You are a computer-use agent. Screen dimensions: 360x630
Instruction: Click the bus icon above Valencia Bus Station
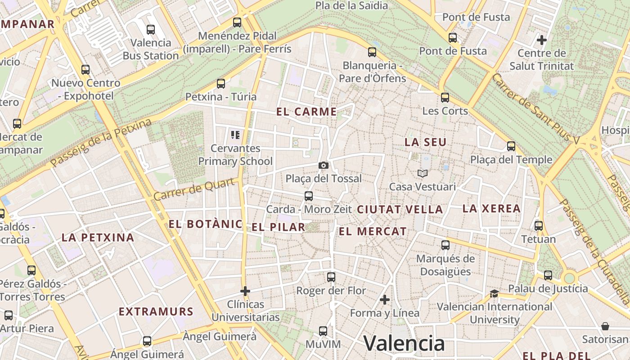click(x=151, y=30)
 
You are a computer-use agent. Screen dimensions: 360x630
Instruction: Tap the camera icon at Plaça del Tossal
click(x=323, y=166)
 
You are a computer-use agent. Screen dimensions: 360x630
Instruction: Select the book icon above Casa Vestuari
click(x=422, y=173)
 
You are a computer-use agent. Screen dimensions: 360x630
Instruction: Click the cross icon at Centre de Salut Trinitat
click(x=542, y=40)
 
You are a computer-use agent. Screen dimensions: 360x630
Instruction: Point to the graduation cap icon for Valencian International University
click(x=494, y=294)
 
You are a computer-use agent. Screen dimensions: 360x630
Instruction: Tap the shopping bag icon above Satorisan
click(x=605, y=326)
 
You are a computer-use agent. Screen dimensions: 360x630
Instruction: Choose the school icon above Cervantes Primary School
click(x=235, y=135)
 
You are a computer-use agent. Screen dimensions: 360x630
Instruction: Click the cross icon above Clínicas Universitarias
click(x=245, y=291)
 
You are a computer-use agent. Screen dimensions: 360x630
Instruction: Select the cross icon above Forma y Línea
click(x=385, y=300)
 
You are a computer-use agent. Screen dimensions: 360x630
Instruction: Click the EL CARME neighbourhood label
click(x=306, y=112)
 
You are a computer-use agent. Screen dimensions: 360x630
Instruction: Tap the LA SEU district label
click(x=425, y=142)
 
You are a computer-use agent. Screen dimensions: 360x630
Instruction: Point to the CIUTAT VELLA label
click(x=400, y=209)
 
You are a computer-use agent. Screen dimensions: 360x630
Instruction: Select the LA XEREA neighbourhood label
click(x=491, y=208)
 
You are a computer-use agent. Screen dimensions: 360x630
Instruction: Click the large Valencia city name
click(x=404, y=343)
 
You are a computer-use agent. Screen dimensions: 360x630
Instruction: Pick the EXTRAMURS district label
click(x=156, y=311)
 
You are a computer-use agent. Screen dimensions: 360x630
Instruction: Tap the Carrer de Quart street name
click(x=194, y=189)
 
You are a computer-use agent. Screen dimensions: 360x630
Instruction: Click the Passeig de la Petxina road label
click(x=101, y=143)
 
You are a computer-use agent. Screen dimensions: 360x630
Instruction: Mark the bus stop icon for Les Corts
click(x=445, y=97)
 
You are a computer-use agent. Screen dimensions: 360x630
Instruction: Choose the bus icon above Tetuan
click(x=539, y=226)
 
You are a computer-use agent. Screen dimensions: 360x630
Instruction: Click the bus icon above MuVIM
click(x=323, y=331)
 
